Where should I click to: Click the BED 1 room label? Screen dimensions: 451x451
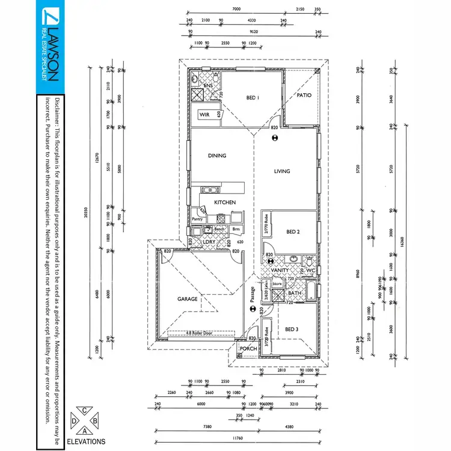(253, 97)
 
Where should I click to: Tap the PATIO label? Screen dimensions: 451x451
(304, 94)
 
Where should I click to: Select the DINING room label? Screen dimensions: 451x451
(217, 156)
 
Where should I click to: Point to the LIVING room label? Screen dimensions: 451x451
(282, 171)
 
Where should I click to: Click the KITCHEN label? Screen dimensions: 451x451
(225, 203)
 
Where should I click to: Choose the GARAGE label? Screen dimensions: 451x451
(187, 298)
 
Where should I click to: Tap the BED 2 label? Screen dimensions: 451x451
(293, 232)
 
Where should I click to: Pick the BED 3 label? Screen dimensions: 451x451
(292, 329)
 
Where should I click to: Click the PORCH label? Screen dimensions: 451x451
(248, 349)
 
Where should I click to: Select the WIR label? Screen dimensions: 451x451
(204, 114)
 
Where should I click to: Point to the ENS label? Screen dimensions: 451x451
(208, 87)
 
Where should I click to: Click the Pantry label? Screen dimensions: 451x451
(198, 219)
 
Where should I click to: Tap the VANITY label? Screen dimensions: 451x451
(280, 271)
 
